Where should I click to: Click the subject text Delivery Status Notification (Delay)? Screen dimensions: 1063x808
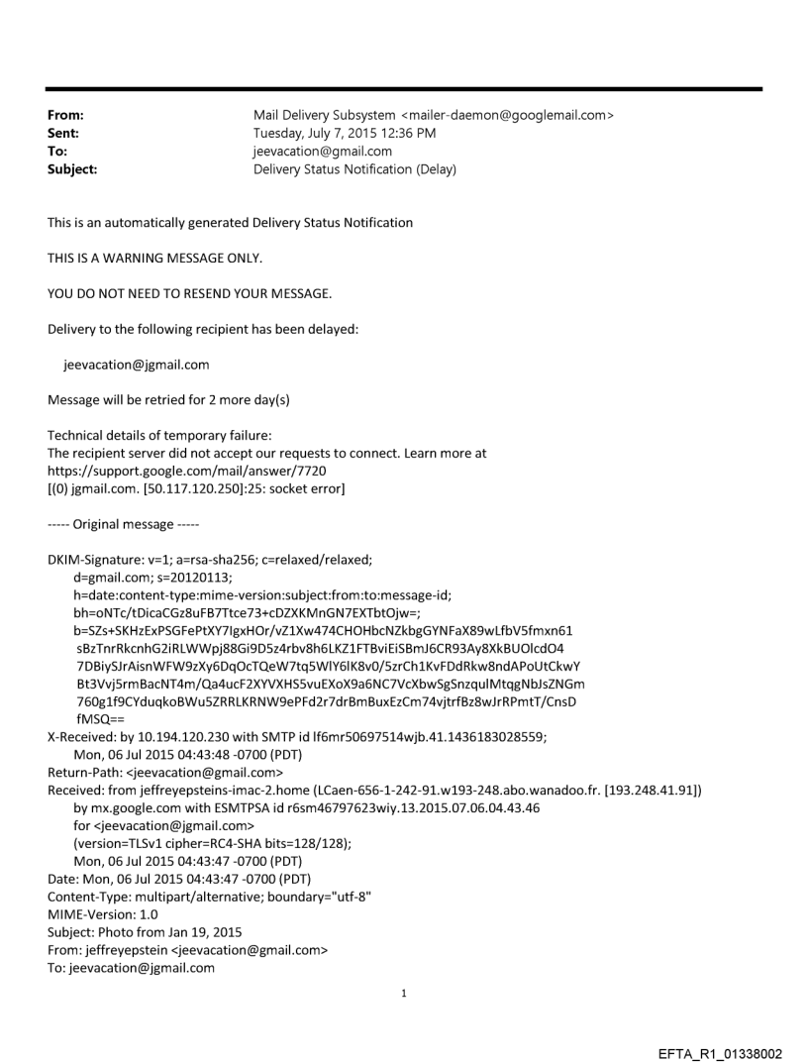pos(354,169)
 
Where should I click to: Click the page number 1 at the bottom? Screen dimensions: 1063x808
pos(403,992)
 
